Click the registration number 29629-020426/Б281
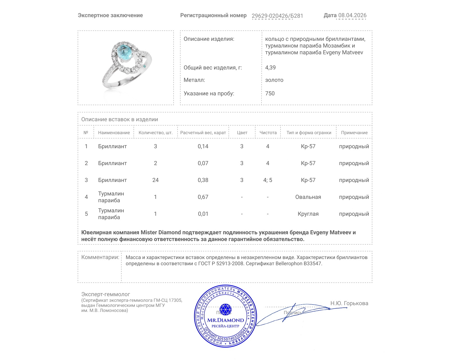tap(277, 16)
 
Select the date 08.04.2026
tap(352, 15)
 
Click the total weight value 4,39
tap(270, 67)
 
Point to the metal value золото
tap(274, 80)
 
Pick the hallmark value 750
tap(270, 93)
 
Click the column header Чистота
tap(268, 132)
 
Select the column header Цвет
tap(242, 132)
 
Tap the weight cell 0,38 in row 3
tap(203, 180)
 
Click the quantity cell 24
tap(155, 180)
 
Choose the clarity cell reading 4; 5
tap(267, 180)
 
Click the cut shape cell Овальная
tap(308, 197)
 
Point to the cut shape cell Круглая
tap(308, 214)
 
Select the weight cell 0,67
tap(203, 197)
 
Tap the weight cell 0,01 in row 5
tap(203, 214)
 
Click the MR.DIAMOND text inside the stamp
tap(226, 320)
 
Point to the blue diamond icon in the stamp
tap(225, 309)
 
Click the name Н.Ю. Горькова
tap(349, 303)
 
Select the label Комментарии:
tap(100, 257)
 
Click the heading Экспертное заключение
tap(110, 15)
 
